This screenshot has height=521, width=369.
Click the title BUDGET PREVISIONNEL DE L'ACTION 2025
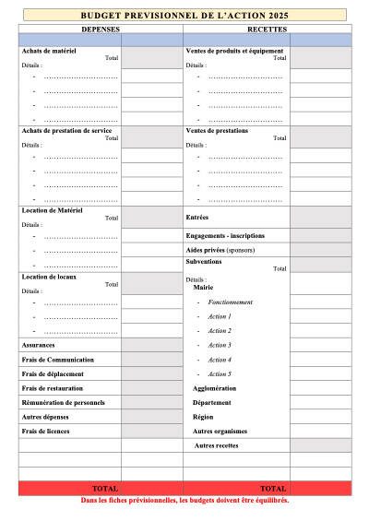[184, 17]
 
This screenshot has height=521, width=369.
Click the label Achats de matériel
[50, 51]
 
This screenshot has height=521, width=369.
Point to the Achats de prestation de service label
[66, 130]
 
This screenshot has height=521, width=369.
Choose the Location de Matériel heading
[52, 210]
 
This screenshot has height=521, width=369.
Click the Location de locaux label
[48, 277]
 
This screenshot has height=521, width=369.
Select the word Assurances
[39, 345]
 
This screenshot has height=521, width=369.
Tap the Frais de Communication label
[57, 360]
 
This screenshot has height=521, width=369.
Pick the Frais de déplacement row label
[53, 373]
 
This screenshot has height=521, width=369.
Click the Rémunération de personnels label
[63, 402]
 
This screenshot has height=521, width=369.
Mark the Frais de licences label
[46, 431]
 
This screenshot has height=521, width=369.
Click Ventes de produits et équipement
[234, 51]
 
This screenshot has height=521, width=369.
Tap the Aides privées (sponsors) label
[220, 250]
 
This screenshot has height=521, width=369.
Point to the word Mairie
[203, 287]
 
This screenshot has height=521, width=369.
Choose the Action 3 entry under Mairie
[220, 345]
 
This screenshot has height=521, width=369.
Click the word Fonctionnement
[231, 302]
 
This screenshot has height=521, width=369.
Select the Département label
[212, 402]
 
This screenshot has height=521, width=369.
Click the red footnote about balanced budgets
[184, 500]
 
